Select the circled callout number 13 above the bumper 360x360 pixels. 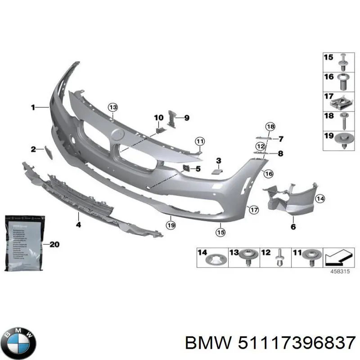click(112, 107)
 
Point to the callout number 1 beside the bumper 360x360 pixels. click(33, 107)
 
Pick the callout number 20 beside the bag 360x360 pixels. click(54, 245)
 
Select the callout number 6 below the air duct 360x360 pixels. click(293, 227)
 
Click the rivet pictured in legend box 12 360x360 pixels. click(279, 257)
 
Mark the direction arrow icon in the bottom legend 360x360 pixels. click(337, 258)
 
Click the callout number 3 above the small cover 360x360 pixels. click(219, 161)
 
